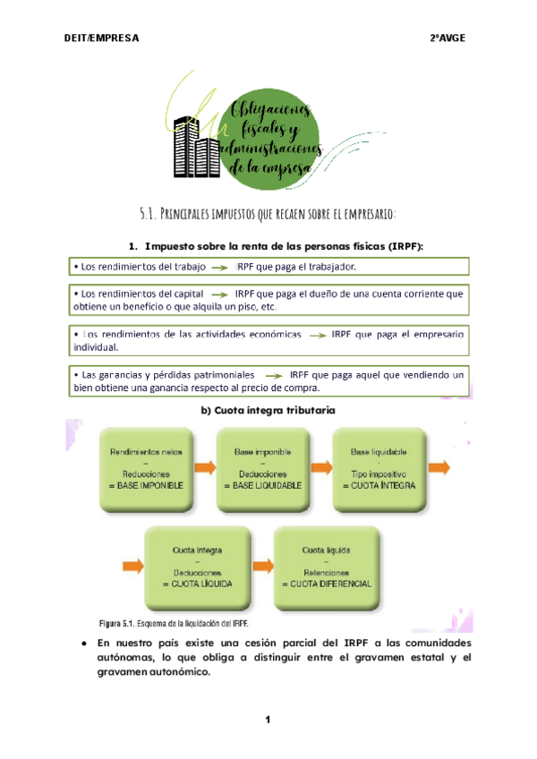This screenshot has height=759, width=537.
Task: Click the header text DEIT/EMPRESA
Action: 101,38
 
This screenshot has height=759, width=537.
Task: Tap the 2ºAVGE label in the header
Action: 447,38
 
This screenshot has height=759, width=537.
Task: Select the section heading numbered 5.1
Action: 268,212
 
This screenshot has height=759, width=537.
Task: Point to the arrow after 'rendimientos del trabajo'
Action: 223,267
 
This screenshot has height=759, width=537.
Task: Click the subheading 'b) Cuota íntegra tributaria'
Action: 268,410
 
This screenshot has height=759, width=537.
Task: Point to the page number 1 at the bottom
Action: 268,720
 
